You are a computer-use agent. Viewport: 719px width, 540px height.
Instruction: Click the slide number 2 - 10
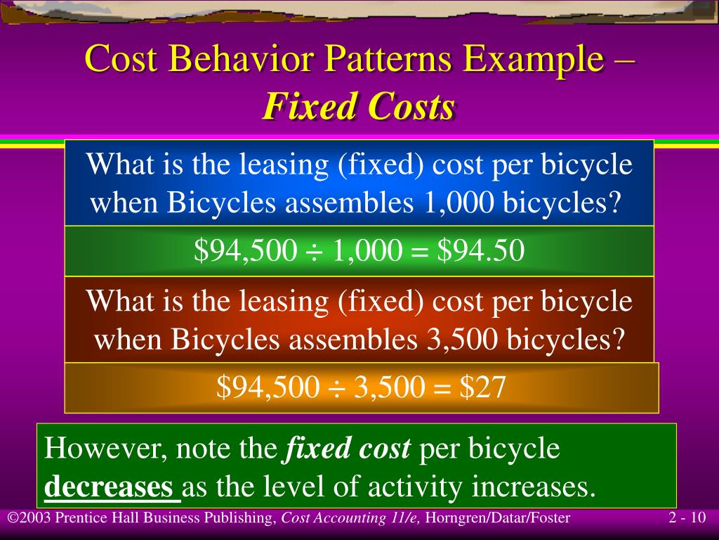coord(687,519)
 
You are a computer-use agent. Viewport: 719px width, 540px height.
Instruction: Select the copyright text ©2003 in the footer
coord(29,519)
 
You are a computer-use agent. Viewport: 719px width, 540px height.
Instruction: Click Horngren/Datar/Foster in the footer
coord(498,519)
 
